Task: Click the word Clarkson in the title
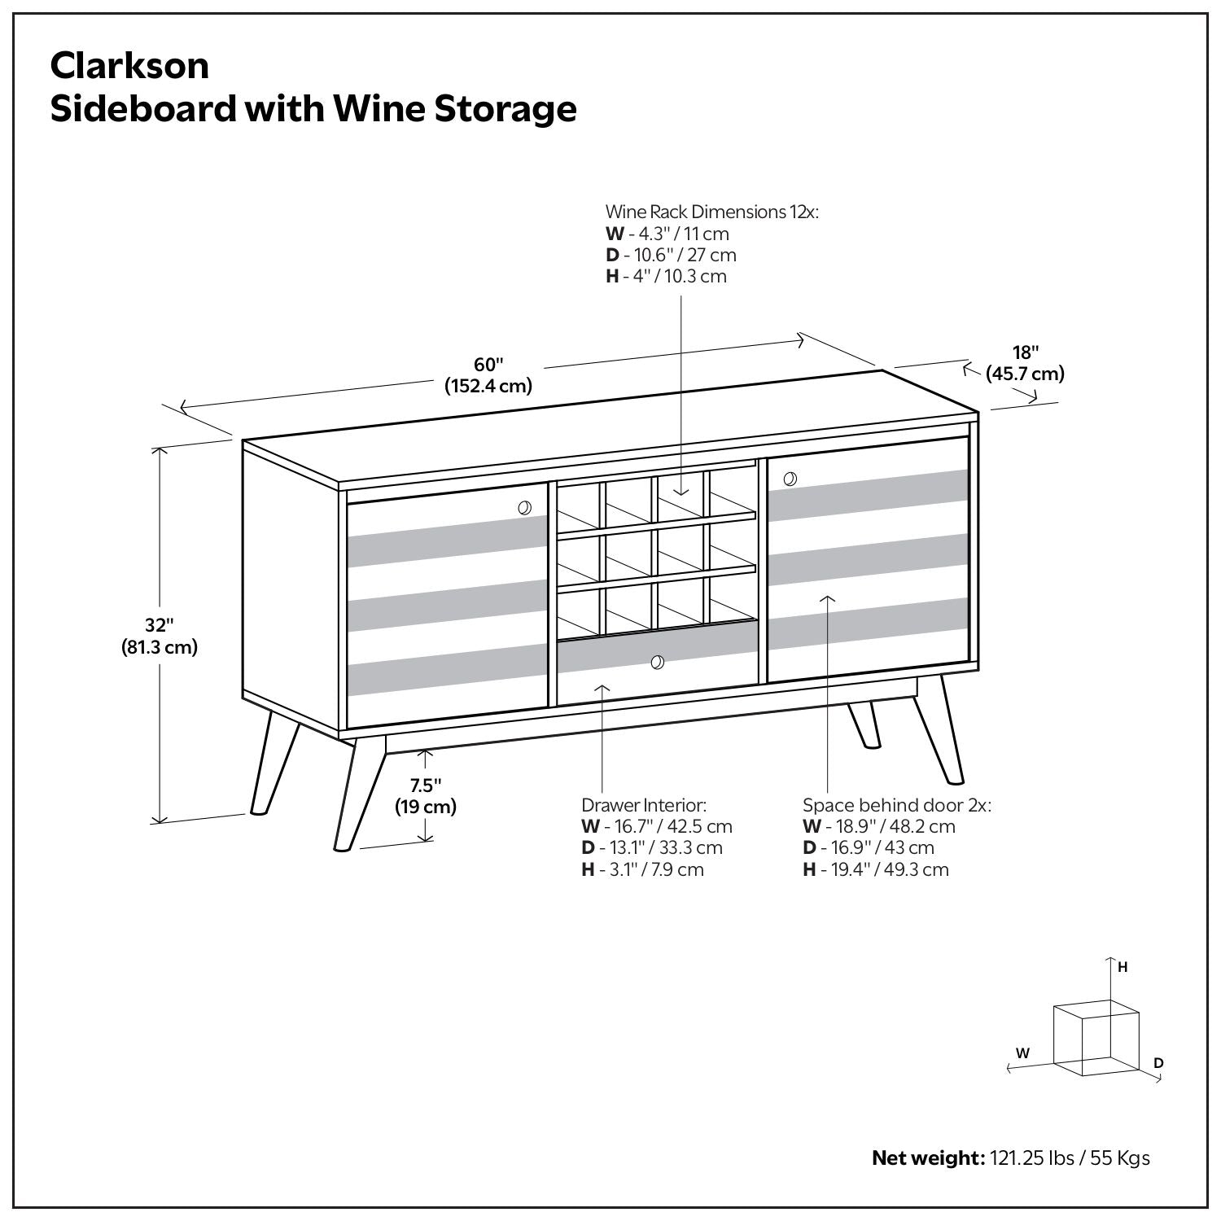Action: click(x=129, y=66)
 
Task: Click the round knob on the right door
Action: click(x=790, y=479)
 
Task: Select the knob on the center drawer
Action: click(x=658, y=663)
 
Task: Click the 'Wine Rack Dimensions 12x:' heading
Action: click(x=711, y=212)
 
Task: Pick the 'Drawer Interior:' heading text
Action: click(x=643, y=805)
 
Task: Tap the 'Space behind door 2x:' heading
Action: click(x=896, y=805)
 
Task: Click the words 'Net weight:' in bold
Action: click(x=928, y=1158)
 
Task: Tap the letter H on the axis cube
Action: click(x=1123, y=967)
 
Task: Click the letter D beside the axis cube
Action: click(x=1158, y=1063)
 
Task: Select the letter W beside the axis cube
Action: click(x=1022, y=1053)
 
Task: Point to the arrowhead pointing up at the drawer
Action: click(x=602, y=689)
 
